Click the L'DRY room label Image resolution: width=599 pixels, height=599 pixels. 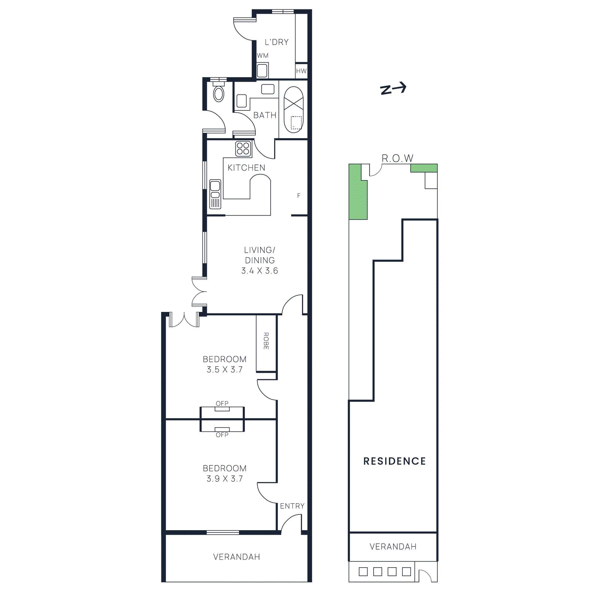tap(277, 42)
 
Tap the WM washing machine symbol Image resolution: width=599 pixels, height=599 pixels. tap(262, 70)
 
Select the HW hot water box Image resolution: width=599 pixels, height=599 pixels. tap(301, 71)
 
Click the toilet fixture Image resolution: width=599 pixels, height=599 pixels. tap(219, 94)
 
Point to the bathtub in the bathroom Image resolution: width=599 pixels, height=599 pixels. tap(294, 110)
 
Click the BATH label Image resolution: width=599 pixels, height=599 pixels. tap(265, 115)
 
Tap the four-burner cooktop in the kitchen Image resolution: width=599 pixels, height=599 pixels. tap(243, 149)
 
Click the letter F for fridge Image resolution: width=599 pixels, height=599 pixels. tap(299, 195)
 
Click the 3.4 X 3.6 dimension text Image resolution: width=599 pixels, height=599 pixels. tap(260, 271)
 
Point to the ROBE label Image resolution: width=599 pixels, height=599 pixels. tap(266, 341)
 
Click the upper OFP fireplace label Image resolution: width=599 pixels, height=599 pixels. tap(222, 404)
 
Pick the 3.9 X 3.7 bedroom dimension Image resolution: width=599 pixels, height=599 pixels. tap(225, 479)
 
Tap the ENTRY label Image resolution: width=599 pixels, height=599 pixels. tap(292, 506)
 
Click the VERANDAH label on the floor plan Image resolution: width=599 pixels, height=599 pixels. tap(237, 557)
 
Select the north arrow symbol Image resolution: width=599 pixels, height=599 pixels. tap(393, 89)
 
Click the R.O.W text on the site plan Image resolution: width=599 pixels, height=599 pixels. tap(397, 159)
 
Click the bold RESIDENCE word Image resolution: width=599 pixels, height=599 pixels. tap(395, 461)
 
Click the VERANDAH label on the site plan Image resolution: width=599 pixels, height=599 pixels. tap(393, 547)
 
